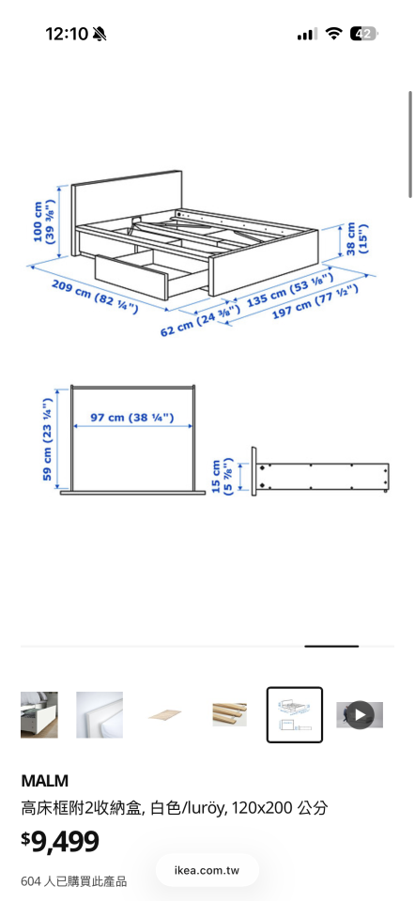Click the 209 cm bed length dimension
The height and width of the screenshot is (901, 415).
coord(94,295)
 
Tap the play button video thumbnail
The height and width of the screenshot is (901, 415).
coord(360,715)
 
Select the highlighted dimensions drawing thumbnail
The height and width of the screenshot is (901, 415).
coord(295,715)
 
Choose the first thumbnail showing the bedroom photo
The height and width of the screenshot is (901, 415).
coord(39,715)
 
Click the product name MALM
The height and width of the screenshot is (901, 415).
coord(45,781)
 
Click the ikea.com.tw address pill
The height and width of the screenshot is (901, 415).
coord(207,870)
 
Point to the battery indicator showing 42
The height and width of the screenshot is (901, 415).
coord(363,34)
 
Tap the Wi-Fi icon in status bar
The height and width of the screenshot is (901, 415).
coord(333,34)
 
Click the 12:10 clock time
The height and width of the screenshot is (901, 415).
coord(67,34)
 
